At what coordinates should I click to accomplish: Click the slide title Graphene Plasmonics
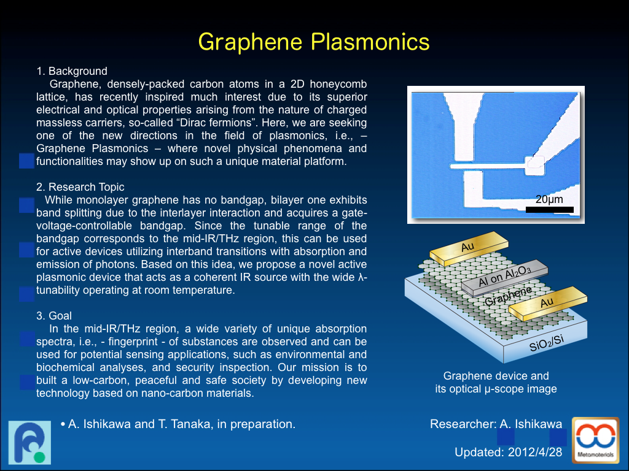click(314, 42)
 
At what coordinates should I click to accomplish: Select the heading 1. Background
click(72, 71)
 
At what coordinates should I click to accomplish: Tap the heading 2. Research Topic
click(80, 187)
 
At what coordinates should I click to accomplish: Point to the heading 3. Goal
click(54, 316)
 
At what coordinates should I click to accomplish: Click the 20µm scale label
click(549, 199)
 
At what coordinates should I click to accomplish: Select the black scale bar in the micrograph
click(550, 210)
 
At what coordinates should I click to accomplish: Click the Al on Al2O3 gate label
click(505, 277)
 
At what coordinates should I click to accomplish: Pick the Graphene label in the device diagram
click(508, 296)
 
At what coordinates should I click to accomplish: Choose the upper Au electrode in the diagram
click(469, 248)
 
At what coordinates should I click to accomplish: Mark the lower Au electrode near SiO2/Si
click(547, 303)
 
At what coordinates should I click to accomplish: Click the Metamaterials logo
click(596, 440)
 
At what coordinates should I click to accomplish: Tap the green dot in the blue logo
click(39, 457)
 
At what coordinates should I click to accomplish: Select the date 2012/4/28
click(535, 452)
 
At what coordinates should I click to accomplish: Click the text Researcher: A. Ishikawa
click(496, 424)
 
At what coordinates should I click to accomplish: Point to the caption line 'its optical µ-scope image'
click(496, 389)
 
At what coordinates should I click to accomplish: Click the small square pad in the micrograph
click(535, 165)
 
